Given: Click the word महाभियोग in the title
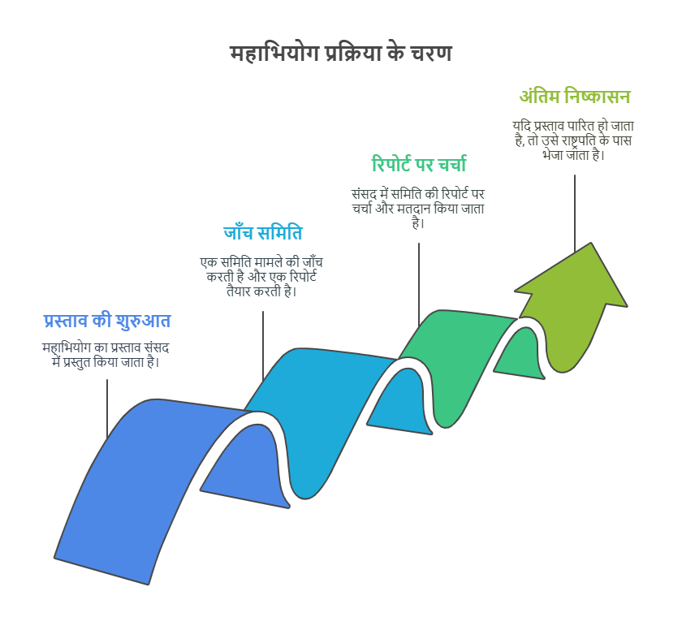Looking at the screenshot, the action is [274, 54].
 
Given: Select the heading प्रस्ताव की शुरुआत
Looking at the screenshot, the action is [107, 321].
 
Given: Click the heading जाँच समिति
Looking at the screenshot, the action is [263, 233].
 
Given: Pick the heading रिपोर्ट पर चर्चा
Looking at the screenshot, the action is [419, 164].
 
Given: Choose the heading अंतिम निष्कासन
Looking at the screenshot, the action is [575, 96].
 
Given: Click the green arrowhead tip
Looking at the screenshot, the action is [591, 243].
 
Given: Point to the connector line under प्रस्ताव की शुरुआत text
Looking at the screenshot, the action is [107, 408].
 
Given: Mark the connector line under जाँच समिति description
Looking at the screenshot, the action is [263, 346].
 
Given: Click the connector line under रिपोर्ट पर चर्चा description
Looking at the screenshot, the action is [419, 284].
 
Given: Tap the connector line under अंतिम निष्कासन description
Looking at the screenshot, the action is [575, 214].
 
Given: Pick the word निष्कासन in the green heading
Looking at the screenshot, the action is [598, 96].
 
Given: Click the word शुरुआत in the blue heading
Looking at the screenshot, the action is [143, 321].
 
